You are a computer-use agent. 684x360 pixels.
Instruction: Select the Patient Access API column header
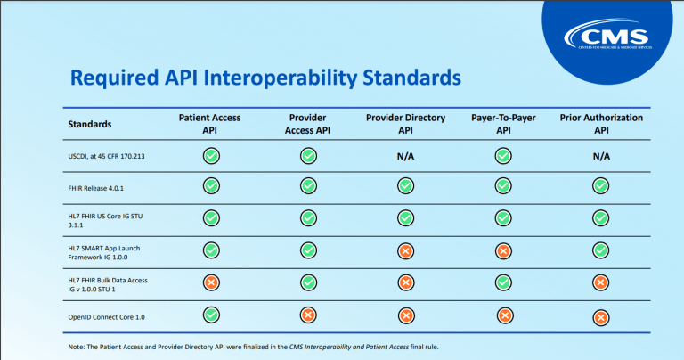(x=210, y=124)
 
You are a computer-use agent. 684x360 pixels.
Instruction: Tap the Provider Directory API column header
(x=405, y=124)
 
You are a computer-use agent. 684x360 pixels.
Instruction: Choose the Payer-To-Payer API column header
(x=503, y=124)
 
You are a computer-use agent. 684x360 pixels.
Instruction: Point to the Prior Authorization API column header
(x=600, y=124)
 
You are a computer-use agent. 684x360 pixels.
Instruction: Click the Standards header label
(x=90, y=124)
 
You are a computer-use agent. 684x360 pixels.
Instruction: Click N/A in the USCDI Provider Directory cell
(x=405, y=157)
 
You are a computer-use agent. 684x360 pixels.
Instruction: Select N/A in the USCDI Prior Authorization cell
(x=600, y=157)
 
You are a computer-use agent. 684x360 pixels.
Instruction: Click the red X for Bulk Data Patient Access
(x=211, y=282)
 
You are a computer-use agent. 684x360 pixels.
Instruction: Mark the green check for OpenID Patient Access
(x=211, y=314)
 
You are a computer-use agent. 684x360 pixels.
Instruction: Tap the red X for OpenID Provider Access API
(x=308, y=315)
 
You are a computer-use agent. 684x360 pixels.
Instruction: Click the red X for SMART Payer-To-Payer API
(x=503, y=251)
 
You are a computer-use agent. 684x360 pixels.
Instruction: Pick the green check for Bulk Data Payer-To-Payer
(x=503, y=282)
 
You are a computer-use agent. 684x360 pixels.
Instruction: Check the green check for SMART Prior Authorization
(x=600, y=250)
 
